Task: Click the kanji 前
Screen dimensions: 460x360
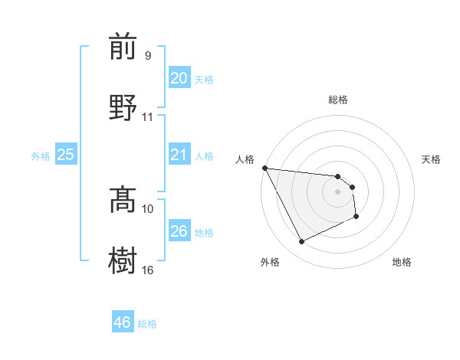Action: pyautogui.click(x=123, y=47)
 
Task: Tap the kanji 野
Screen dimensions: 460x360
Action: pyautogui.click(x=123, y=106)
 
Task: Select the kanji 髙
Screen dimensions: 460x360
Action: pyautogui.click(x=123, y=200)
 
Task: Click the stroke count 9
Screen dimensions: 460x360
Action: pyautogui.click(x=147, y=56)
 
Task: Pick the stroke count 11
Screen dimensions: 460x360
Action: pyautogui.click(x=147, y=116)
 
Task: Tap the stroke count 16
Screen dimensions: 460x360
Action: pyautogui.click(x=148, y=270)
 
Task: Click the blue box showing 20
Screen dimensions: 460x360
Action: pyautogui.click(x=179, y=78)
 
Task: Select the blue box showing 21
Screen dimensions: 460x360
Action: pyautogui.click(x=179, y=155)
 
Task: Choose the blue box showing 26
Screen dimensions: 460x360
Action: pyautogui.click(x=179, y=231)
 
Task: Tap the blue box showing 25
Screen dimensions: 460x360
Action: pyautogui.click(x=66, y=155)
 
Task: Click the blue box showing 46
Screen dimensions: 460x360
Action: pyautogui.click(x=122, y=322)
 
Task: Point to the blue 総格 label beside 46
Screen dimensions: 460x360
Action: pyautogui.click(x=147, y=324)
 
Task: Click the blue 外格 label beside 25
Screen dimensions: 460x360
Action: pyautogui.click(x=41, y=156)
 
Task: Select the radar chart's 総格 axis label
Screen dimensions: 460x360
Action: pyautogui.click(x=338, y=100)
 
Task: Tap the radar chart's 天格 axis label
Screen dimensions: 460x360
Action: pyautogui.click(x=432, y=159)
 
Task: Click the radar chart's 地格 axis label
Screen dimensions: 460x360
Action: pyautogui.click(x=402, y=262)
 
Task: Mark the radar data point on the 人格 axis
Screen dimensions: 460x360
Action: pyautogui.click(x=264, y=169)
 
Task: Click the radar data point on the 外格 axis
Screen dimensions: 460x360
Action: pyautogui.click(x=301, y=242)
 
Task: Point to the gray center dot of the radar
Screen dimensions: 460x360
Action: pyautogui.click(x=338, y=192)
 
